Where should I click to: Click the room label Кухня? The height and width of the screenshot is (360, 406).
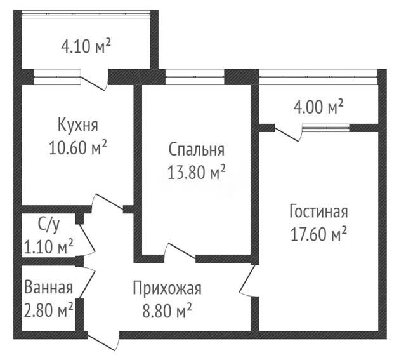point(77,125)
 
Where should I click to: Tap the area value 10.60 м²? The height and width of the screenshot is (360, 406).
point(77,147)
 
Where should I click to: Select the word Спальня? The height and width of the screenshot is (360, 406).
point(196,150)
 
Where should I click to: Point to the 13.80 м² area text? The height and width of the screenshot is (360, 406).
point(196,172)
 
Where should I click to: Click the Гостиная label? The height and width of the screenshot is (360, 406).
point(318,211)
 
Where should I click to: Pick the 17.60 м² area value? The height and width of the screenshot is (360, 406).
point(318,234)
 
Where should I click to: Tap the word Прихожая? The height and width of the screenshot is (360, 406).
point(167,288)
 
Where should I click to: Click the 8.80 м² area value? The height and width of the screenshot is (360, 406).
point(167,310)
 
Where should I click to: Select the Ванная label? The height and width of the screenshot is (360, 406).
point(48,288)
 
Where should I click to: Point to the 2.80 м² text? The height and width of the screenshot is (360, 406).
point(48,310)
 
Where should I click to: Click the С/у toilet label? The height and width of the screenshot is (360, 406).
point(49,225)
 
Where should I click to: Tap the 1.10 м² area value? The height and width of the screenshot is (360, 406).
point(48,246)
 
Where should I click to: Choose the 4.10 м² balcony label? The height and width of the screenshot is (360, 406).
point(86,46)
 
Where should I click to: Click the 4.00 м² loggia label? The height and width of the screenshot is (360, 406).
point(318,107)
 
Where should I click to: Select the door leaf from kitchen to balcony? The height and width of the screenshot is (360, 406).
point(93,83)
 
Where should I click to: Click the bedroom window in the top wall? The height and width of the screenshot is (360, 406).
point(195,77)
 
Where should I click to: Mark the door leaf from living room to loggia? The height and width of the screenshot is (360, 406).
point(287,134)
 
